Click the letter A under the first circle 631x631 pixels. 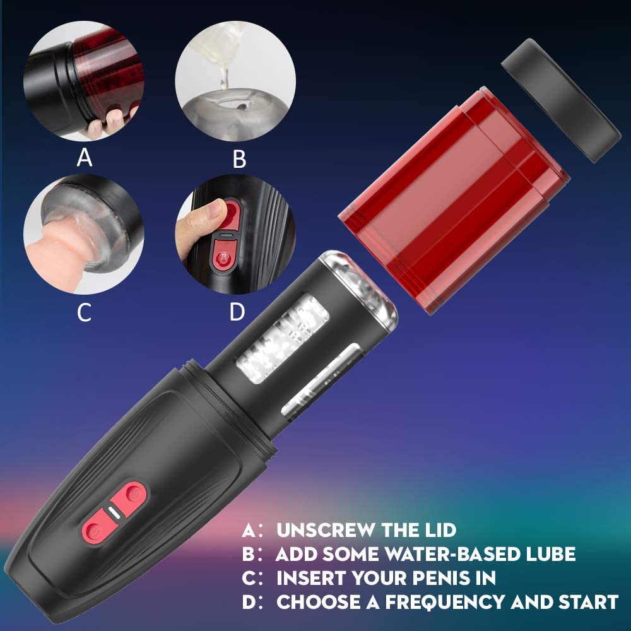[x=85, y=156]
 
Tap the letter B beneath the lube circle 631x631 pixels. [x=239, y=159]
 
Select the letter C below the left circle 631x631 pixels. [x=85, y=312]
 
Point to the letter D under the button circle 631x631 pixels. [x=237, y=311]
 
